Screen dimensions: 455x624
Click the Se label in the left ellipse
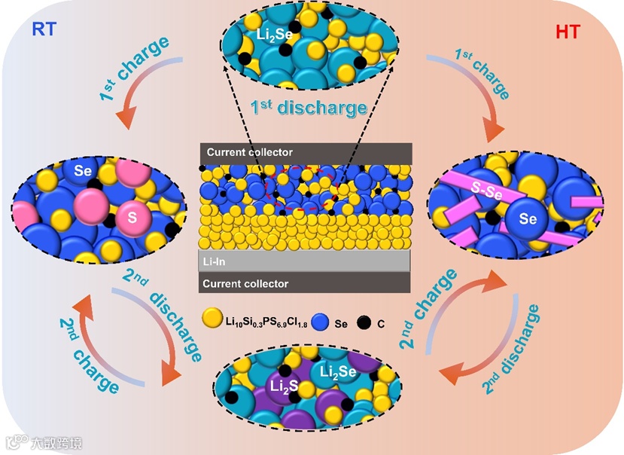pyautogui.click(x=84, y=171)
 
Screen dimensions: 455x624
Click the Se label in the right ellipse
pyautogui.click(x=529, y=219)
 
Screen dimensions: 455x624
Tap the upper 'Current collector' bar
pyautogui.click(x=305, y=151)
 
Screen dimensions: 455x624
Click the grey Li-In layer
pyautogui.click(x=305, y=261)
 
